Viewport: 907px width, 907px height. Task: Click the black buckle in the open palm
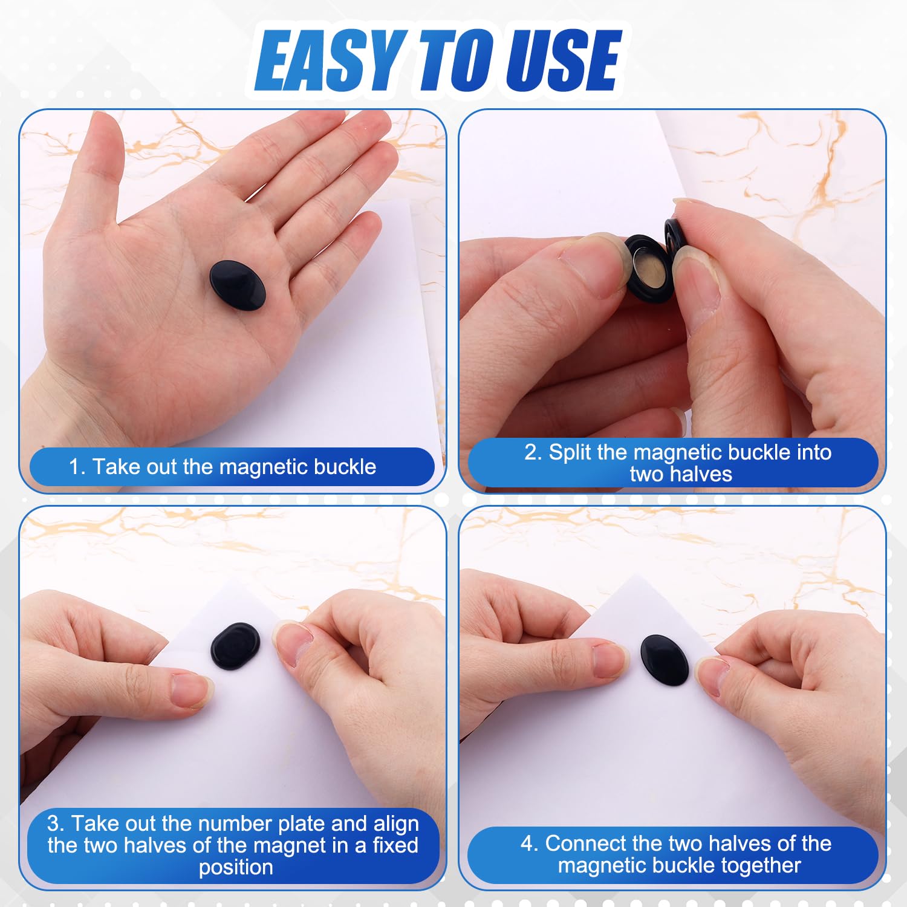[x=238, y=285]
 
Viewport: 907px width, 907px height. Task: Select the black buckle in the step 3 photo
[x=235, y=646]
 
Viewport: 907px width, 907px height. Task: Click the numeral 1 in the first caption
[x=74, y=467]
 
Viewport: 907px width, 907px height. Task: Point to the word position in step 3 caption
[x=236, y=867]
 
